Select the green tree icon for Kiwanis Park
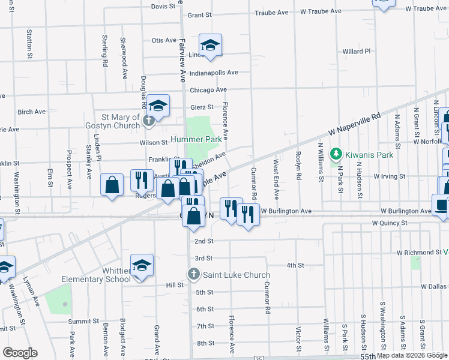(x=337, y=154)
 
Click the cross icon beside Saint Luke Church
(x=194, y=275)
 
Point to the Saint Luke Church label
(x=236, y=275)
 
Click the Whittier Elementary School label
(x=96, y=275)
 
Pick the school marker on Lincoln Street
(x=211, y=45)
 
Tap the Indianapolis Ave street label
(x=214, y=73)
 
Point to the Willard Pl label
(x=357, y=52)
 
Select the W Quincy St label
(x=389, y=223)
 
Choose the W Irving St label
(x=390, y=177)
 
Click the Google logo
(x=20, y=353)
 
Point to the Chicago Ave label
(x=208, y=90)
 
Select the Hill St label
(x=174, y=285)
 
